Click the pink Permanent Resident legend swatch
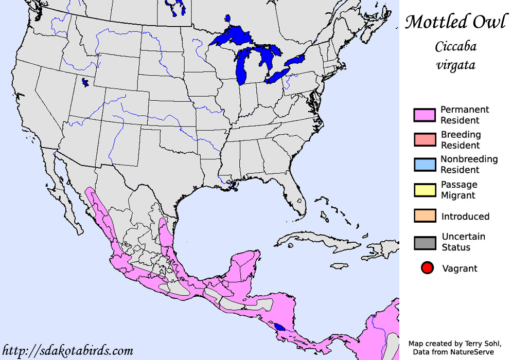[x=425, y=115]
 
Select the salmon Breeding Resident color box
[x=425, y=140]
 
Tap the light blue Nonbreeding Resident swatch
[x=425, y=165]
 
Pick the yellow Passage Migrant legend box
[x=425, y=190]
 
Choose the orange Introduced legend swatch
[x=425, y=216]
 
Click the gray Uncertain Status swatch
[x=425, y=243]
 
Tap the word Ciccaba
[x=455, y=47]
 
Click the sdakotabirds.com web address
[x=68, y=351]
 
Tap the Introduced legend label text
[x=465, y=217]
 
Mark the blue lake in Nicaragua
[x=279, y=327]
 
